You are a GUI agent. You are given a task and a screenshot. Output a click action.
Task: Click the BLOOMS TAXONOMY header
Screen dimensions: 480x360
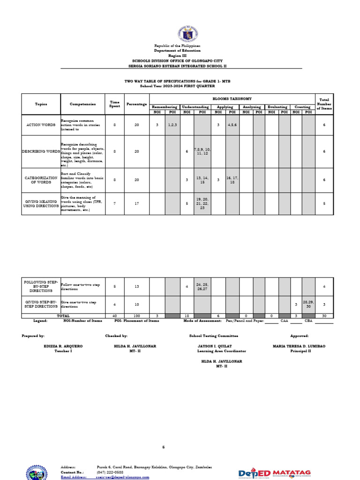(232, 98)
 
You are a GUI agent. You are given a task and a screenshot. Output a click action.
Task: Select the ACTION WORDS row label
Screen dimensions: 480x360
(41, 125)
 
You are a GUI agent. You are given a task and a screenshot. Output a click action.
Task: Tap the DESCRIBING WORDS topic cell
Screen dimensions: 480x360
(41, 151)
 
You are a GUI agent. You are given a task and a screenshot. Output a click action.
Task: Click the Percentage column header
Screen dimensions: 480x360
(137, 104)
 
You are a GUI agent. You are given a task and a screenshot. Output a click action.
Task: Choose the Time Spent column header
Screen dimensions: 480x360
(115, 104)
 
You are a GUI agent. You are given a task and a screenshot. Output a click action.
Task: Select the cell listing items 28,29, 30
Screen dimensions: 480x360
(308, 304)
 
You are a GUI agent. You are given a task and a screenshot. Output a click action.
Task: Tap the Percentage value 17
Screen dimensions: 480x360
(137, 203)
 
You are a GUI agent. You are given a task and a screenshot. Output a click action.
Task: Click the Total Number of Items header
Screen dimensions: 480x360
(324, 104)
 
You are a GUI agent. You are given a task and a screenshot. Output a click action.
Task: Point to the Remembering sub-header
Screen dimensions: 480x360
(165, 107)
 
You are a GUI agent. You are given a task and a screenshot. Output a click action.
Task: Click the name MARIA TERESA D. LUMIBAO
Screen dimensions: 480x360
(299, 346)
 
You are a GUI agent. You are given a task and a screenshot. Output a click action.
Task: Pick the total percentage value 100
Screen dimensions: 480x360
(137, 316)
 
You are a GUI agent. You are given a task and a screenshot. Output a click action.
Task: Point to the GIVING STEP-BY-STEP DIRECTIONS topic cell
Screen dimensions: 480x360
(41, 304)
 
